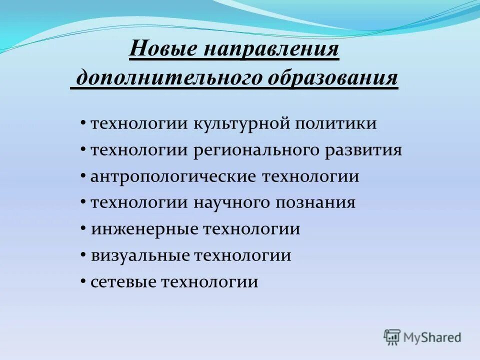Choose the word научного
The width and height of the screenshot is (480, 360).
(x=230, y=202)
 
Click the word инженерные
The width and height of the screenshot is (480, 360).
(x=143, y=229)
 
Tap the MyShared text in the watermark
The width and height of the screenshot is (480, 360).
(x=433, y=337)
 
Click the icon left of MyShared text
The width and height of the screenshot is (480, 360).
(x=392, y=337)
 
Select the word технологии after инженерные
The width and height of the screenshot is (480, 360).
(x=251, y=229)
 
